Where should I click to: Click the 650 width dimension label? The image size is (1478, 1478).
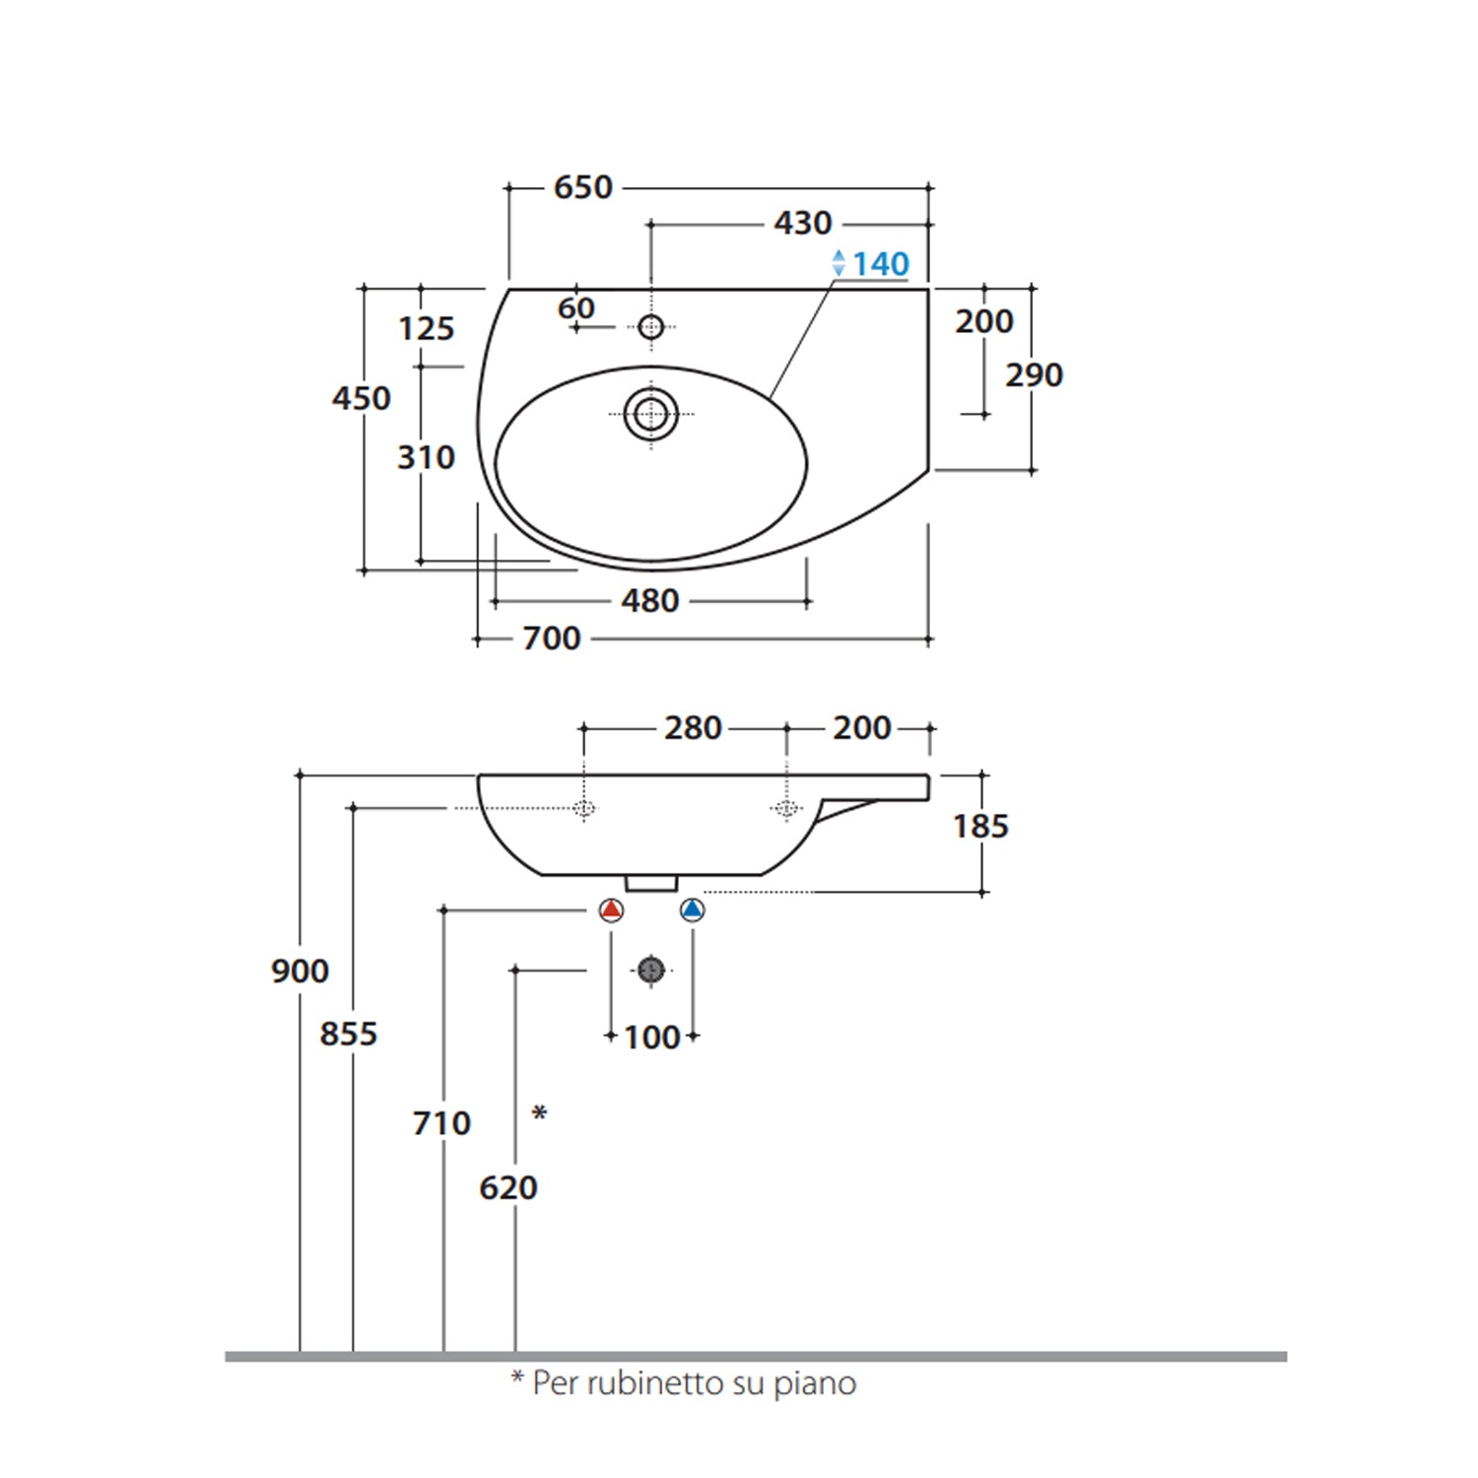(583, 187)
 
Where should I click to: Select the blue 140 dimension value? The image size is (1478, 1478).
(881, 264)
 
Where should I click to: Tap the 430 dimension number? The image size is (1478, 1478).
(803, 224)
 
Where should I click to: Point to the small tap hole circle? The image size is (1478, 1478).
(650, 326)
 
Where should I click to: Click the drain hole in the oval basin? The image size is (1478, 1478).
(650, 414)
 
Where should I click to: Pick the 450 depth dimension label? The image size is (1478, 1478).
(362, 398)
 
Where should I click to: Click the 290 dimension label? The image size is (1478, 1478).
(1035, 375)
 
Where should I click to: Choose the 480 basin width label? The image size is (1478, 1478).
(650, 600)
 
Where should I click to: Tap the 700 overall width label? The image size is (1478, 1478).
(552, 638)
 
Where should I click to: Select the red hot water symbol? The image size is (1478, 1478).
(612, 910)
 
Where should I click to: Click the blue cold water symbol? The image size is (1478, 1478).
(693, 910)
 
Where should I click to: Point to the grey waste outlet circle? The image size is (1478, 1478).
(650, 971)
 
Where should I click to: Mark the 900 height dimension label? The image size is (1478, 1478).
(300, 971)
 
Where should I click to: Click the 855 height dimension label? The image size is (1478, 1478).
(349, 1034)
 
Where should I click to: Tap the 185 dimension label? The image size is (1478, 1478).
(981, 826)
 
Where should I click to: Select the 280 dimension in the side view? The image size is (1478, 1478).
(694, 728)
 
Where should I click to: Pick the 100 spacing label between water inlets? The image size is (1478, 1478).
(652, 1037)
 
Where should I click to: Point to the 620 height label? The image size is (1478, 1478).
(508, 1187)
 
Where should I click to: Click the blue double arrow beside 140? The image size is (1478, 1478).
(839, 263)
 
